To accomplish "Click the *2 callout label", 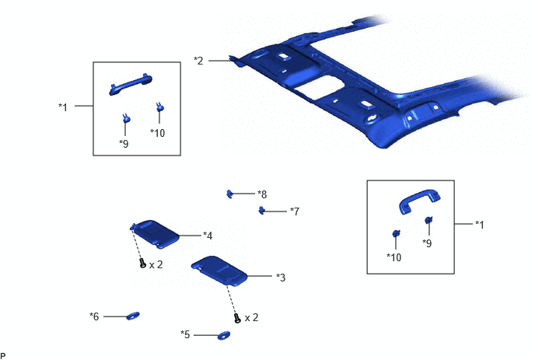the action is pos(198,61).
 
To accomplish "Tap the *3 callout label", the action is pos(281,278).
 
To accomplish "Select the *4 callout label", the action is pos(208,236).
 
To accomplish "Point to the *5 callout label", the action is pos(185,334).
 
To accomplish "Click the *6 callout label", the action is pos(94,316).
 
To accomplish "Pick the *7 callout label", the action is pos(295,211).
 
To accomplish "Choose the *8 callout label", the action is pos(262,194).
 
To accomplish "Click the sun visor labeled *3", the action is pos(219,270).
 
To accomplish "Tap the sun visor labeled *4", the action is pos(156,234).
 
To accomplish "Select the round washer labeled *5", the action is pos(224,336).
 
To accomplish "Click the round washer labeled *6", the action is pos(133,316).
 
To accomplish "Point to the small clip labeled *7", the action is pos(262,211).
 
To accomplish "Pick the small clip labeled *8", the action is pos(229,194).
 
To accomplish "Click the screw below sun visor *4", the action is pos(143,263).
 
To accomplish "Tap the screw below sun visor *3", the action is pos(237,318).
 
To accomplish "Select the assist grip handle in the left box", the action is pos(131,84).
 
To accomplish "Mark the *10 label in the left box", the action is pos(158,133).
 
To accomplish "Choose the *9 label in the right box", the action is pos(427,243).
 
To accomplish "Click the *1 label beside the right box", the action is pos(480,225).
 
